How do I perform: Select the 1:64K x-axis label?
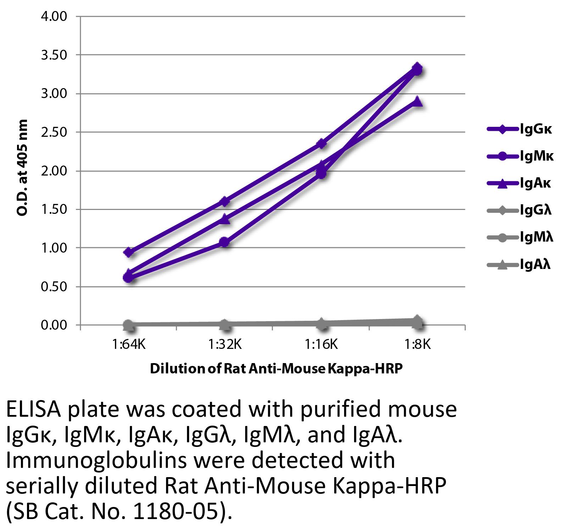pos(129,344)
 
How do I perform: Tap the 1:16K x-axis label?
pos(321,344)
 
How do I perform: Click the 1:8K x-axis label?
pos(418,344)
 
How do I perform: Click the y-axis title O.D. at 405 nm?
pos(22,168)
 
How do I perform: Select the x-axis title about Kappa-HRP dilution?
pos(276,369)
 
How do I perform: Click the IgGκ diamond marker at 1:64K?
pos(129,252)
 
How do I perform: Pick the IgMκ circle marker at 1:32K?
pos(225,242)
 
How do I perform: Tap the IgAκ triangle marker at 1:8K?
pos(418,101)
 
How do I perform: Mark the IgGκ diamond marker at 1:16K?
pos(321,144)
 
